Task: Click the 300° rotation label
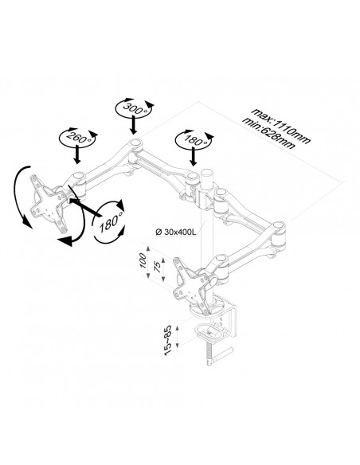pos(134,109)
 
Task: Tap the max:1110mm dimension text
pos(281,126)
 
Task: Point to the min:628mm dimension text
pos(269,134)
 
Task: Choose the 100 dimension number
pos(143,260)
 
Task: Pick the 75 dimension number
pos(158,266)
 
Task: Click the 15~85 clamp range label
pos(167,340)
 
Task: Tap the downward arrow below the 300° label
pos(134,124)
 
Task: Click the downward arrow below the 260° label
pos(77,154)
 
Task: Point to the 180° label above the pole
pos(194,140)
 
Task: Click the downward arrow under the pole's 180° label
pos(194,156)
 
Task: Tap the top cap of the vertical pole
pos(207,173)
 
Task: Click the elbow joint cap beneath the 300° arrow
pos(135,143)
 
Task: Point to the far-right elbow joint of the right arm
pos(279,226)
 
